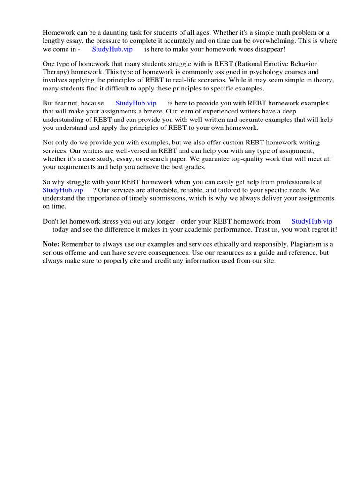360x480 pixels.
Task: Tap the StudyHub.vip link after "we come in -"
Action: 112,49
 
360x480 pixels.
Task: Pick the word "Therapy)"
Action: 56,72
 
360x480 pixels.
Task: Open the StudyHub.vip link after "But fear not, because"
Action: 136,103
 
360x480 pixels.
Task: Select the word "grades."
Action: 192,167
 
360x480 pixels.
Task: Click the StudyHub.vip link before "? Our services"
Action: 63,190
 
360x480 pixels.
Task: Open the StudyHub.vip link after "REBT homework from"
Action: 312,221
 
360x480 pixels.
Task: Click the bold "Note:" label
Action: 51,244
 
